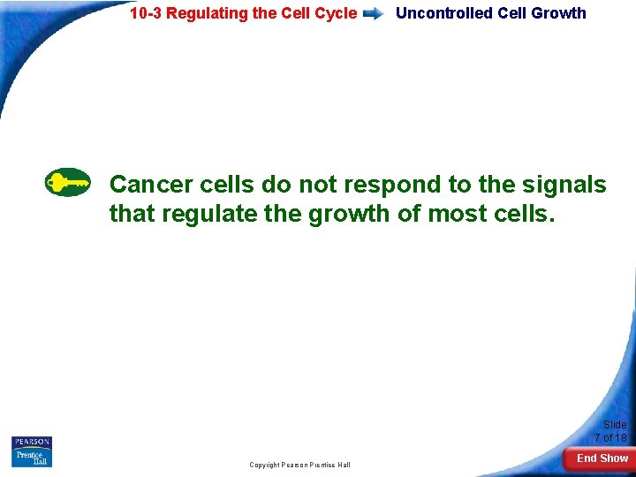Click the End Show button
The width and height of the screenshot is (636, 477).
pyautogui.click(x=602, y=458)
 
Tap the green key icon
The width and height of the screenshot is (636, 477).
pyautogui.click(x=67, y=182)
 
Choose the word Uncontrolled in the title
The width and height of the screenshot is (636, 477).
pyautogui.click(x=444, y=13)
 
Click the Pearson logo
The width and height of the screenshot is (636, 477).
pyautogui.click(x=32, y=442)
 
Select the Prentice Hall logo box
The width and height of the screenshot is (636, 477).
pyautogui.click(x=32, y=458)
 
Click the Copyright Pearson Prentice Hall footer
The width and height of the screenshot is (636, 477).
pyautogui.click(x=299, y=465)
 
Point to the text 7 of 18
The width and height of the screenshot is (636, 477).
pyautogui.click(x=610, y=438)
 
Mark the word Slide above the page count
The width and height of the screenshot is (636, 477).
pyautogui.click(x=615, y=425)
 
